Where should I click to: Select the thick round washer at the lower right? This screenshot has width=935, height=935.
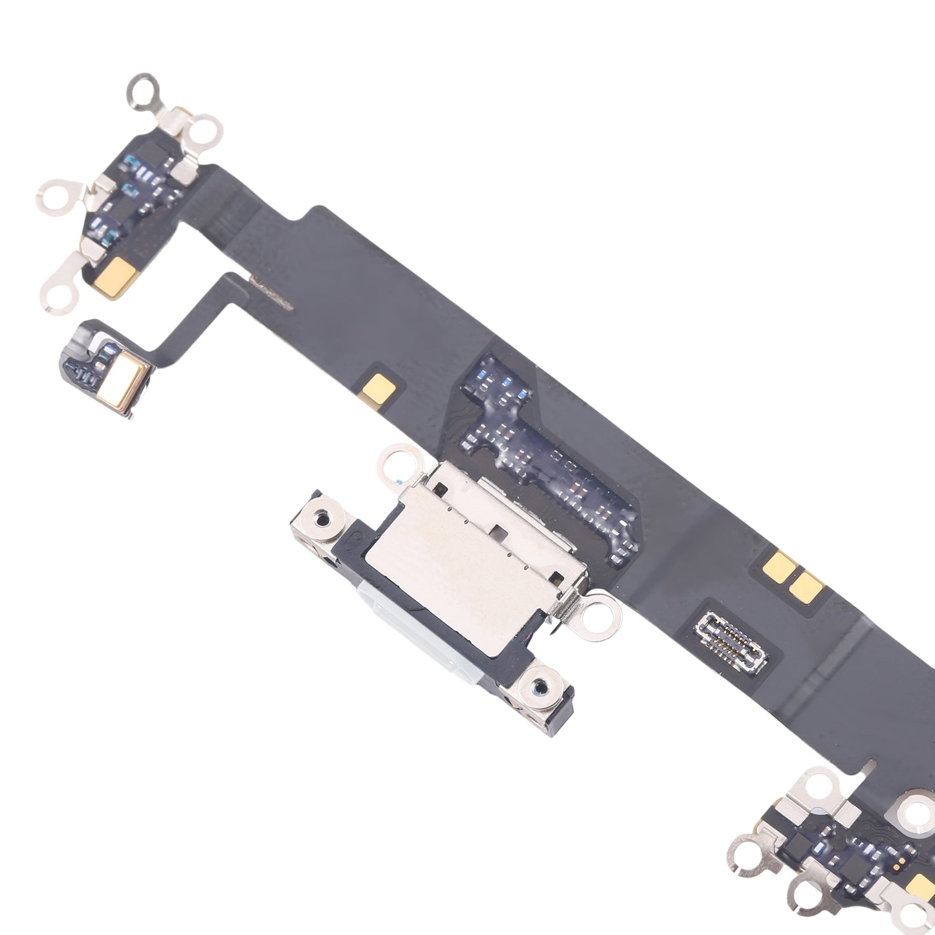[x=916, y=812]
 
